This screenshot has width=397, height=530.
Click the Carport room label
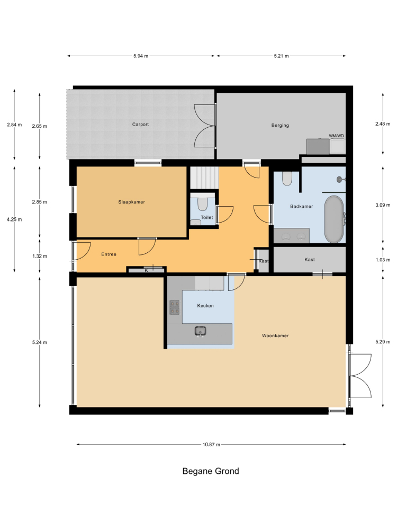coord(140,125)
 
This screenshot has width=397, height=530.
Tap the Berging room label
coord(280,126)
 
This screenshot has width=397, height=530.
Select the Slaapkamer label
coord(132,202)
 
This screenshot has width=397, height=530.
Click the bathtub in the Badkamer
coord(334,219)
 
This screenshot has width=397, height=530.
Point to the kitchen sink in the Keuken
coord(201,331)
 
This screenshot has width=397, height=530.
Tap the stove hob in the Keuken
coord(174,307)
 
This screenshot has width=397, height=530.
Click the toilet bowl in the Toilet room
coord(203,204)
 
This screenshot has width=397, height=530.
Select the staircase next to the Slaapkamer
coord(204,178)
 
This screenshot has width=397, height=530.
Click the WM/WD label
coord(337,136)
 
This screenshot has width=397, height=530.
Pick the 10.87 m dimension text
coord(211,445)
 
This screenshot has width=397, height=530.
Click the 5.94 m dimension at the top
coord(141,56)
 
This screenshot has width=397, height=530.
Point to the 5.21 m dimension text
coord(281,56)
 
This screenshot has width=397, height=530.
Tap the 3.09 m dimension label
coord(383,205)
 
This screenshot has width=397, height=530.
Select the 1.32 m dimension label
coord(40,256)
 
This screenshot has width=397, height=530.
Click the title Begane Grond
coord(211,471)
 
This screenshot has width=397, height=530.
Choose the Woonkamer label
coord(275,335)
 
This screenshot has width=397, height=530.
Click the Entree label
coord(109,254)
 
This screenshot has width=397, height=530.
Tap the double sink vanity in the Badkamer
coord(291,236)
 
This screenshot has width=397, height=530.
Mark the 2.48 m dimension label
coord(383,123)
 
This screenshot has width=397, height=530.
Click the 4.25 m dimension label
coord(14,219)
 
